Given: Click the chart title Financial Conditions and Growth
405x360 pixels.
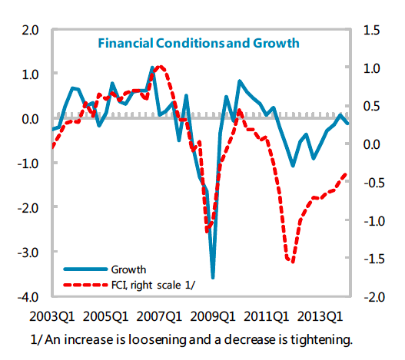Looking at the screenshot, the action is point(198,43).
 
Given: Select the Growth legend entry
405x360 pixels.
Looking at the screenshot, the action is point(105,269).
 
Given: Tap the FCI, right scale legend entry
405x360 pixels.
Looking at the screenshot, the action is point(129,286).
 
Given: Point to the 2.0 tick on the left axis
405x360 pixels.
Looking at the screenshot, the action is point(30,30).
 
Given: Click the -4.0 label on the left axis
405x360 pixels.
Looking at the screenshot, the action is point(28,297).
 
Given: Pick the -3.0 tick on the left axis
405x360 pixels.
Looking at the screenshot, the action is point(28,253).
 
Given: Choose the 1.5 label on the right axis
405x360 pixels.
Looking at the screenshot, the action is point(371,30).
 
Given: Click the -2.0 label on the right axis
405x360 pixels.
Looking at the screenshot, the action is point(374,297).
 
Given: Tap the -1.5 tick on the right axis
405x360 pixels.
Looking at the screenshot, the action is point(374,259).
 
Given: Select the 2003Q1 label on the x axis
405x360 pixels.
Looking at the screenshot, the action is point(52,316).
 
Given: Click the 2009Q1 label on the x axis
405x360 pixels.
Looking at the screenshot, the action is point(213,316).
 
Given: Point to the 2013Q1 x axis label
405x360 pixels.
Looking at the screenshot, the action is point(320,316).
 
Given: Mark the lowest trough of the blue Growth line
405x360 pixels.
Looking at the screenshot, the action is point(213,278).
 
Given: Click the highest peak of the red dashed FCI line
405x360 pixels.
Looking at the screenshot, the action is point(160,67).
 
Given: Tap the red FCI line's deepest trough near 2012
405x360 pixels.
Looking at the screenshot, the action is point(293,262).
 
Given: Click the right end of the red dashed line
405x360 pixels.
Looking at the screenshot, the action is point(346,174).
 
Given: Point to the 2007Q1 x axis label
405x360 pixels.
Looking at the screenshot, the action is point(159,316).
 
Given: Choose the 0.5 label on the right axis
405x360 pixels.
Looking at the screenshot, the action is point(371,106).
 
